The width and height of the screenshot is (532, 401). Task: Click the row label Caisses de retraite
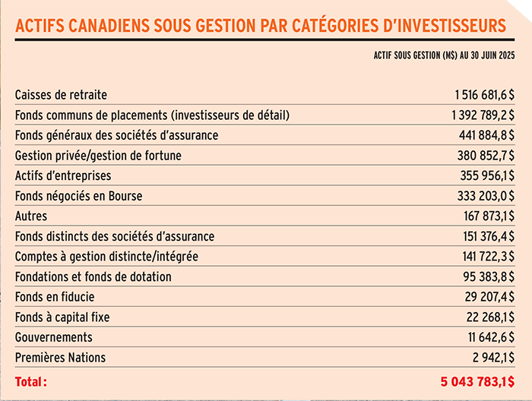tap(61, 95)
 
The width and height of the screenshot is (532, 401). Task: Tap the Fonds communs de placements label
tap(152, 115)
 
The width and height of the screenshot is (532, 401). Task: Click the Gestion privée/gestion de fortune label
tap(98, 156)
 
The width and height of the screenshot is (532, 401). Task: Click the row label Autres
tap(31, 216)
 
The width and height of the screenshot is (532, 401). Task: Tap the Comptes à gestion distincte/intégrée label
tap(106, 256)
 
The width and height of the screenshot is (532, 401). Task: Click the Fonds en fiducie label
tap(55, 296)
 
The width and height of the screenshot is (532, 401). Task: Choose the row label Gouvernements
tap(54, 336)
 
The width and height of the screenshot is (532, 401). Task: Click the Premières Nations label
tap(61, 357)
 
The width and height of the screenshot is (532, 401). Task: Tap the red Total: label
tap(31, 381)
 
